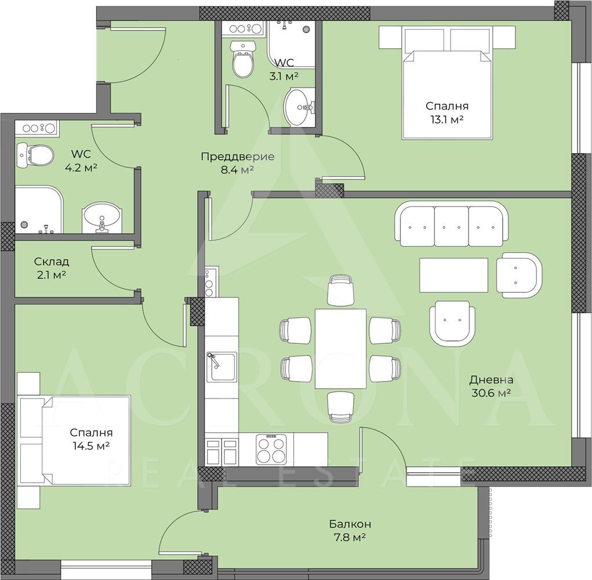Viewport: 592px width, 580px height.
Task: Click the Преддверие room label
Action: (x=238, y=157)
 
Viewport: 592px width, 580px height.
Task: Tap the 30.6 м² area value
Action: (x=491, y=393)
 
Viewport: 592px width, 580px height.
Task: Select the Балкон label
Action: (x=350, y=524)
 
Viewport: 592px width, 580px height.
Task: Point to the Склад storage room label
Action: (x=52, y=262)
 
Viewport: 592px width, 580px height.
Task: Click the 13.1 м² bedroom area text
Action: (x=447, y=119)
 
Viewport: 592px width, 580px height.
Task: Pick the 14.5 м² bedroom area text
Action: (x=92, y=446)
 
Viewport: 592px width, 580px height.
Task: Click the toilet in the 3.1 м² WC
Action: (x=243, y=59)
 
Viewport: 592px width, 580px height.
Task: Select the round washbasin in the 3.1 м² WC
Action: (x=299, y=107)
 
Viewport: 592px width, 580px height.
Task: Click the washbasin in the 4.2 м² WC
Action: (x=101, y=219)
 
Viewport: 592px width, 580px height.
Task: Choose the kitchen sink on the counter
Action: (x=221, y=367)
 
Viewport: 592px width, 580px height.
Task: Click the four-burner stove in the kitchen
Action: (x=271, y=449)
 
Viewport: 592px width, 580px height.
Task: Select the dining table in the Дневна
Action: (x=340, y=349)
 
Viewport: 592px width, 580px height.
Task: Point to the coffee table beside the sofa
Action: (x=453, y=275)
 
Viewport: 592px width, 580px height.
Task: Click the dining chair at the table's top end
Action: (x=340, y=289)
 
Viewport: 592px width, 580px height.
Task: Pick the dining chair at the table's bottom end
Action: (x=340, y=407)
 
